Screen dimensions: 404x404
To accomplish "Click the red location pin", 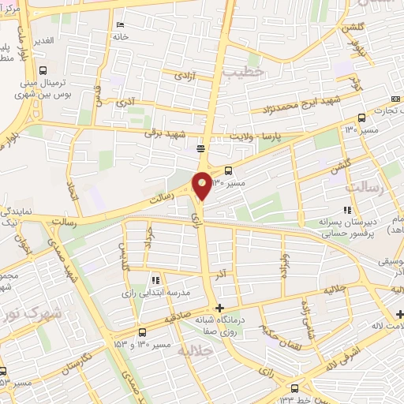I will click(202, 185).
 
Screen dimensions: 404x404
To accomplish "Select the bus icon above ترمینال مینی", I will click(43, 68).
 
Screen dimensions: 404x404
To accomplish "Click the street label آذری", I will click(125, 102).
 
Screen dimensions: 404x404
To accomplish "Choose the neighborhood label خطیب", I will click(241, 73).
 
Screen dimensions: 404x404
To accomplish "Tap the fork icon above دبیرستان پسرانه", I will click(345, 210).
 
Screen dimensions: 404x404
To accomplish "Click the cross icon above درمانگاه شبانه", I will click(220, 308).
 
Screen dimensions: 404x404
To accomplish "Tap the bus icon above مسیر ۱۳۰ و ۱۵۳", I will click(142, 332).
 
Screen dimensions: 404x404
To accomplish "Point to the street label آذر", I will click(224, 272).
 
